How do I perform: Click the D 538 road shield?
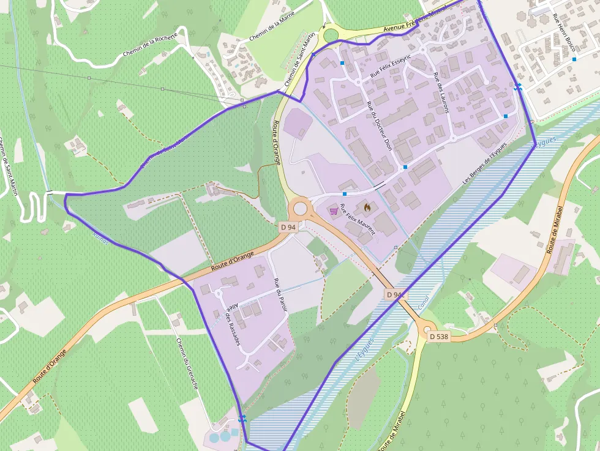point(439,337)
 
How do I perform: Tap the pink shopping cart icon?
point(334,211)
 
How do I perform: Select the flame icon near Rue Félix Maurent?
point(367,207)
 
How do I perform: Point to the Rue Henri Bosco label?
point(564,32)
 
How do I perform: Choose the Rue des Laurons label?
point(441,93)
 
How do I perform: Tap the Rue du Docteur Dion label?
point(378,125)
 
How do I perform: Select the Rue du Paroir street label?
point(281,297)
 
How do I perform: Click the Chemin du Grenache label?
point(187,363)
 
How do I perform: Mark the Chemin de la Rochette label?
point(150,45)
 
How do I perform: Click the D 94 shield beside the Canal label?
point(396,295)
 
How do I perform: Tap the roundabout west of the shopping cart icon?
point(299,208)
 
